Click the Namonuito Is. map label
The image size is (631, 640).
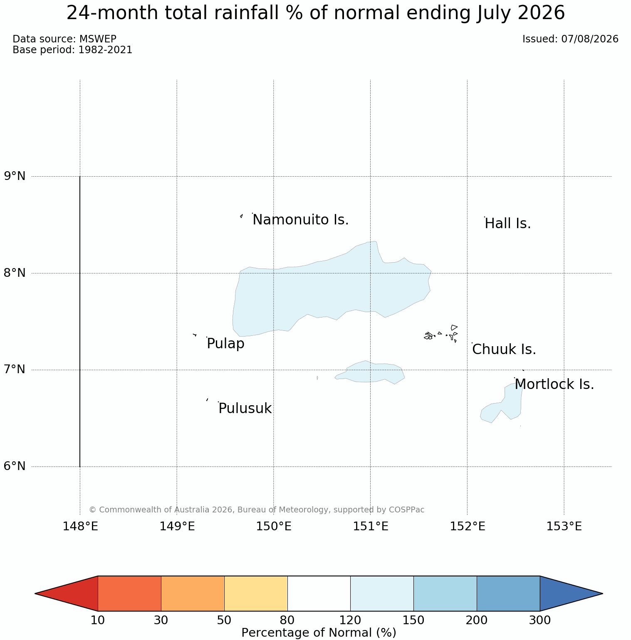[301, 220]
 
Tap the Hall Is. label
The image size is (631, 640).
[508, 224]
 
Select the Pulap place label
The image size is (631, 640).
[225, 344]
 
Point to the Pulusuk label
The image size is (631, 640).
[245, 409]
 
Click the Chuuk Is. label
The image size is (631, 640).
[504, 350]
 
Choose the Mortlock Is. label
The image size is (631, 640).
[554, 384]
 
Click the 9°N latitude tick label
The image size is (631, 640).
[15, 176]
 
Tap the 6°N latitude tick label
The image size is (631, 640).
[15, 466]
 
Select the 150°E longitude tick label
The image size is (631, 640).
[274, 527]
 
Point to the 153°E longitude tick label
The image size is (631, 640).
[564, 527]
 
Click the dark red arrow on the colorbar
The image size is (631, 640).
[67, 593]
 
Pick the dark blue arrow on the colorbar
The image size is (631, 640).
[571, 593]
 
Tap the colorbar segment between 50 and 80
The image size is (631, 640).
[256, 593]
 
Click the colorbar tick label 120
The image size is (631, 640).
[350, 620]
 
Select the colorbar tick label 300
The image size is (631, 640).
[539, 620]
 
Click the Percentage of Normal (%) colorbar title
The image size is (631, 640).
[319, 633]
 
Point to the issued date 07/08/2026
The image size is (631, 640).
[590, 39]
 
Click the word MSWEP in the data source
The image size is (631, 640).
[98, 39]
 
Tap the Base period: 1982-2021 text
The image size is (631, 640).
[72, 50]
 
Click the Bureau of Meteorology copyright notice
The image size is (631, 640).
[257, 510]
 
